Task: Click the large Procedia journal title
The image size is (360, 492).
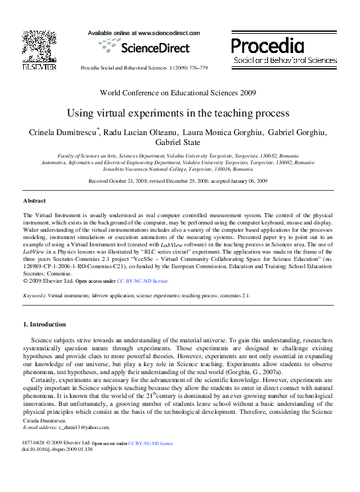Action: coord(268,46)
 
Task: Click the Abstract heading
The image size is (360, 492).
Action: coord(34,201)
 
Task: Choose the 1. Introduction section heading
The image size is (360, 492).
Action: coord(45,324)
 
